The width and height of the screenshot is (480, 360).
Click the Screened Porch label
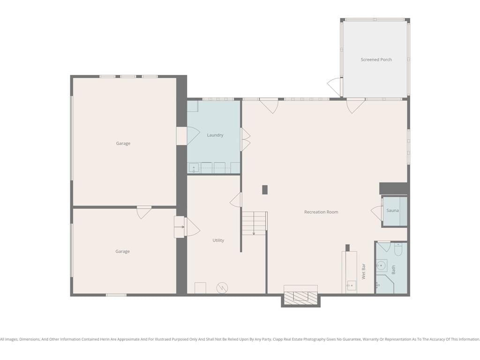click(x=376, y=60)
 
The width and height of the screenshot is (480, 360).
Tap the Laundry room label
click(x=215, y=135)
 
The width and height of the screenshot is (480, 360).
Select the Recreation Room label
click(x=321, y=212)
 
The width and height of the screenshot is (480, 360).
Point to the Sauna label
click(x=392, y=210)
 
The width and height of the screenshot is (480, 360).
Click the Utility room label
click(x=218, y=240)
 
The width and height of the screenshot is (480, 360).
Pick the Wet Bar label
click(x=364, y=271)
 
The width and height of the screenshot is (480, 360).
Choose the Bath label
click(x=393, y=270)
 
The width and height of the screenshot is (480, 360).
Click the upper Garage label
click(x=123, y=143)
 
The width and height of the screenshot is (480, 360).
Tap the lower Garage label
click(x=122, y=251)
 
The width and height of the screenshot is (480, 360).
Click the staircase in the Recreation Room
click(x=254, y=223)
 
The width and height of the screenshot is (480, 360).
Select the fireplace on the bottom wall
click(x=300, y=296)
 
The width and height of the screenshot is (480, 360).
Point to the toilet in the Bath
click(x=398, y=249)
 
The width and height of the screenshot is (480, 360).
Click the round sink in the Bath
click(x=381, y=265)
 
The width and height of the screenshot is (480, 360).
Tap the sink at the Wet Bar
click(x=351, y=285)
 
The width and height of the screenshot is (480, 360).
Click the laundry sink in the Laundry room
click(x=194, y=168)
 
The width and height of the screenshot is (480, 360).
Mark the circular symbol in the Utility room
click(x=222, y=288)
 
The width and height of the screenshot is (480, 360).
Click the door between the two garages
click(x=144, y=212)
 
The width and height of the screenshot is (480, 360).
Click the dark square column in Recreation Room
click(x=265, y=190)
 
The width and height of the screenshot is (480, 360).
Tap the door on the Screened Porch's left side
click(x=334, y=86)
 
